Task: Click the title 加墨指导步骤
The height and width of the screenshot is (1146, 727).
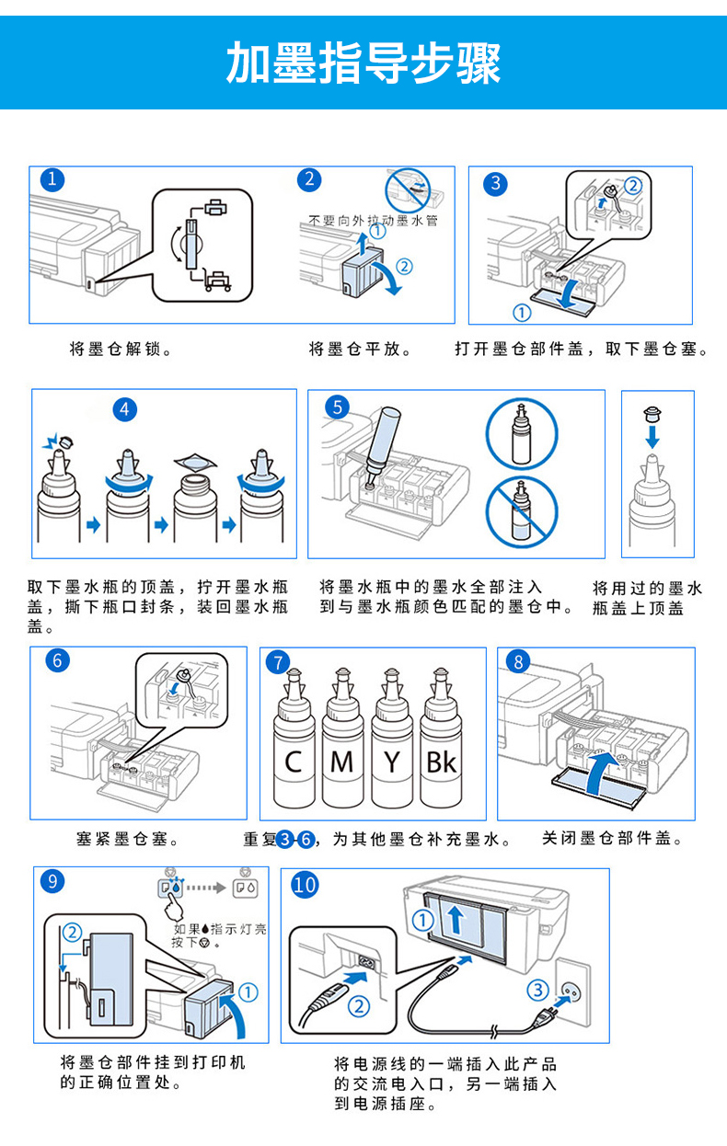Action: coord(363,63)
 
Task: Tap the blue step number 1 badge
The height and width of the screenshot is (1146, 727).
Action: coord(52,180)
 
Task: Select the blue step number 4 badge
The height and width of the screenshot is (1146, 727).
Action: coord(125,409)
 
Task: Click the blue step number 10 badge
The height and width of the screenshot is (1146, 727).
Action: coord(305,885)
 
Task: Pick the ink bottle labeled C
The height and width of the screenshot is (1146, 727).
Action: coord(294,739)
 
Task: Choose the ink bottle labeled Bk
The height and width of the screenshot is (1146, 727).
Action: coord(441,739)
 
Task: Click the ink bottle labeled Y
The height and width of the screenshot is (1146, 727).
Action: coord(392,739)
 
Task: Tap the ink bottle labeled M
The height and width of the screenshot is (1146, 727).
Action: coord(342,739)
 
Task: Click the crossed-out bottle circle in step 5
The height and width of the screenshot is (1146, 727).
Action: coord(522,512)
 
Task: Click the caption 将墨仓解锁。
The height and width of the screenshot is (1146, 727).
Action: coord(121,350)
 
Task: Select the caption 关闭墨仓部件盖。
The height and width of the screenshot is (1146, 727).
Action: coord(612,838)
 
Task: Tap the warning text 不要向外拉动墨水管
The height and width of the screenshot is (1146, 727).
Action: coord(374,221)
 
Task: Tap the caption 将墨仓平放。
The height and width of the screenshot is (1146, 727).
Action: coord(360,350)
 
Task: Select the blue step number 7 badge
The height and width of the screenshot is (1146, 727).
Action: coord(278,662)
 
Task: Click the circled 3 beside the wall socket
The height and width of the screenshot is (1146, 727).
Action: coord(538,990)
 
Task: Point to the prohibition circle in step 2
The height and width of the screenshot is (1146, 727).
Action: coord(408,190)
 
